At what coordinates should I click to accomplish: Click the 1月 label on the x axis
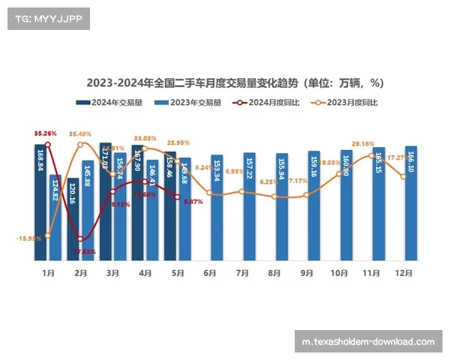[48, 273]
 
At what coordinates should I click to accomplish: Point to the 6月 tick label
[209, 273]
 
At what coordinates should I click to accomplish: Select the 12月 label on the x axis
[403, 273]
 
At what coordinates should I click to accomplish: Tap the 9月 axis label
[306, 273]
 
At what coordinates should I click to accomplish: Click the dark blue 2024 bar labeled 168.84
[40, 202]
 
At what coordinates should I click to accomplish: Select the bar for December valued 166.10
[411, 202]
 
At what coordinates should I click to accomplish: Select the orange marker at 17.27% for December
[403, 176]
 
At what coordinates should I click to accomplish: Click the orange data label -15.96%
[28, 238]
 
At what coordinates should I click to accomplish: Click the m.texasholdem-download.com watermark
[368, 341]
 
